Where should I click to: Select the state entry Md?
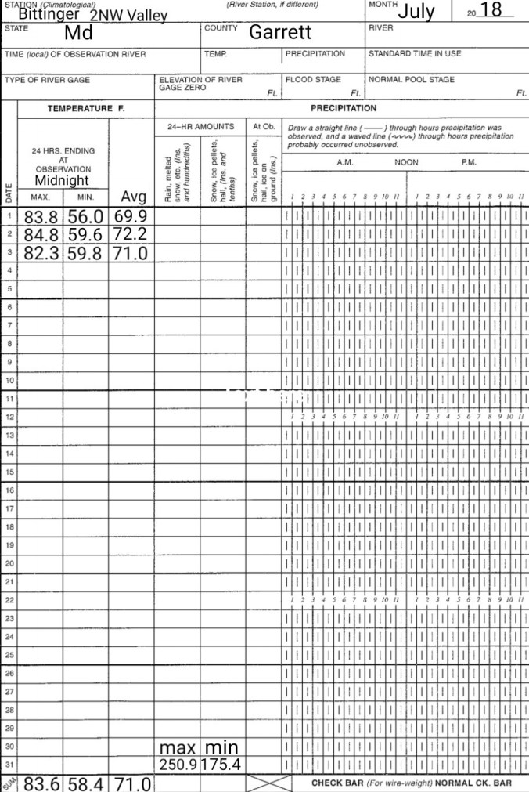click(x=78, y=33)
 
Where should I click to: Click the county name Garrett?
click(x=280, y=32)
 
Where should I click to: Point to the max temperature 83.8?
click(x=41, y=217)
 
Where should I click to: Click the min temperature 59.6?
click(x=85, y=235)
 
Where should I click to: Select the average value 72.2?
click(x=131, y=235)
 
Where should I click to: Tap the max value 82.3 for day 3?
click(x=41, y=253)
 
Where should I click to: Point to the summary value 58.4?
click(x=85, y=783)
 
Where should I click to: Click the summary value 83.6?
click(x=41, y=783)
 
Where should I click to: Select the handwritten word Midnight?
click(x=61, y=180)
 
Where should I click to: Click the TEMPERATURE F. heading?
click(x=86, y=108)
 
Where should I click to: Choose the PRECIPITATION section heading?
click(x=343, y=108)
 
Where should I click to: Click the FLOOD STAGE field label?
click(x=313, y=80)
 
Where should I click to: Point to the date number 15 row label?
click(x=9, y=472)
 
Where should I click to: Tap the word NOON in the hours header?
click(x=406, y=162)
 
